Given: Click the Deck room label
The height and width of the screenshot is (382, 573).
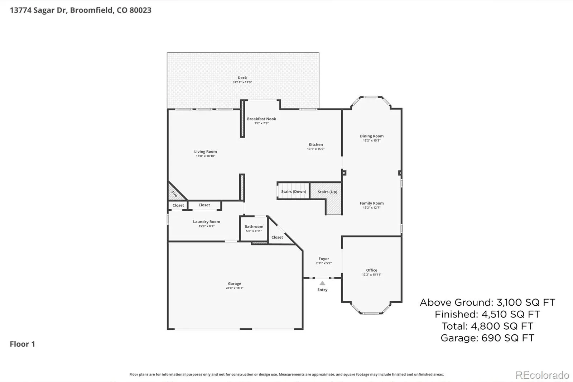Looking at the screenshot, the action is coord(242,77).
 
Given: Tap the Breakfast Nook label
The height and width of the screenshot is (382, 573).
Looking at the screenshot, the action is coord(261,119).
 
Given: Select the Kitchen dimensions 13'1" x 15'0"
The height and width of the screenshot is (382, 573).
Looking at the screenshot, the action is coord(316,149).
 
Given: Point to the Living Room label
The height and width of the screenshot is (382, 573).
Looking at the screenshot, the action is coord(206,152).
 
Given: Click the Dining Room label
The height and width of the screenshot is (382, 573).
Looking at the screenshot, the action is coord(372,136).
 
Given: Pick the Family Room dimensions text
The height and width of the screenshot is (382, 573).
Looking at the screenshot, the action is coord(372,207).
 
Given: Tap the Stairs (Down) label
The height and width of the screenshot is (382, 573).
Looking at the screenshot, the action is coord(293,191).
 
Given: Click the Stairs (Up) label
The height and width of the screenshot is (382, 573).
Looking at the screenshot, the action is coord(327,192).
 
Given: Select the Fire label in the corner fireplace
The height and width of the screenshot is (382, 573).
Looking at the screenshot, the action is coord(174,194).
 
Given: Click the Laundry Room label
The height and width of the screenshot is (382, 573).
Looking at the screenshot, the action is coord(206,222).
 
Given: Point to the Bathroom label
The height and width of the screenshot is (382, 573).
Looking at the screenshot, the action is coord(254,226).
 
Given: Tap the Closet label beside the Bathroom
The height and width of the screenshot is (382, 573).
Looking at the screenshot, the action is coord(277,237).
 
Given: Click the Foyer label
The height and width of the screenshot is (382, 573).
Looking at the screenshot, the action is coord(324,259).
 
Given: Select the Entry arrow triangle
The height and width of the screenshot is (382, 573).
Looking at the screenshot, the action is coord(322,283).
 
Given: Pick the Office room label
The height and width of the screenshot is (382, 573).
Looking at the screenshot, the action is coord(371,270).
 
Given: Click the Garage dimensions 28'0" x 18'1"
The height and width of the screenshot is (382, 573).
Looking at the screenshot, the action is coord(234,288).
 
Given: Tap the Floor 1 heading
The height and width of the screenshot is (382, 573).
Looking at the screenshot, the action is coord(22,344).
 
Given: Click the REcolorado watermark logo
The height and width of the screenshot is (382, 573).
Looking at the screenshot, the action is coord(542,375).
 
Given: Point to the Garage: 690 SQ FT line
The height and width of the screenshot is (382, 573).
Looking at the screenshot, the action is coord(487,338).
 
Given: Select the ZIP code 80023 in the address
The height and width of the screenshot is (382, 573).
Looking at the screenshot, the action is coord(140,10).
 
